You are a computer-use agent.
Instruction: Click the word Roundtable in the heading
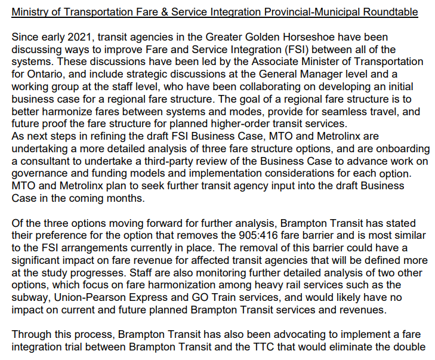[x=390, y=12]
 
